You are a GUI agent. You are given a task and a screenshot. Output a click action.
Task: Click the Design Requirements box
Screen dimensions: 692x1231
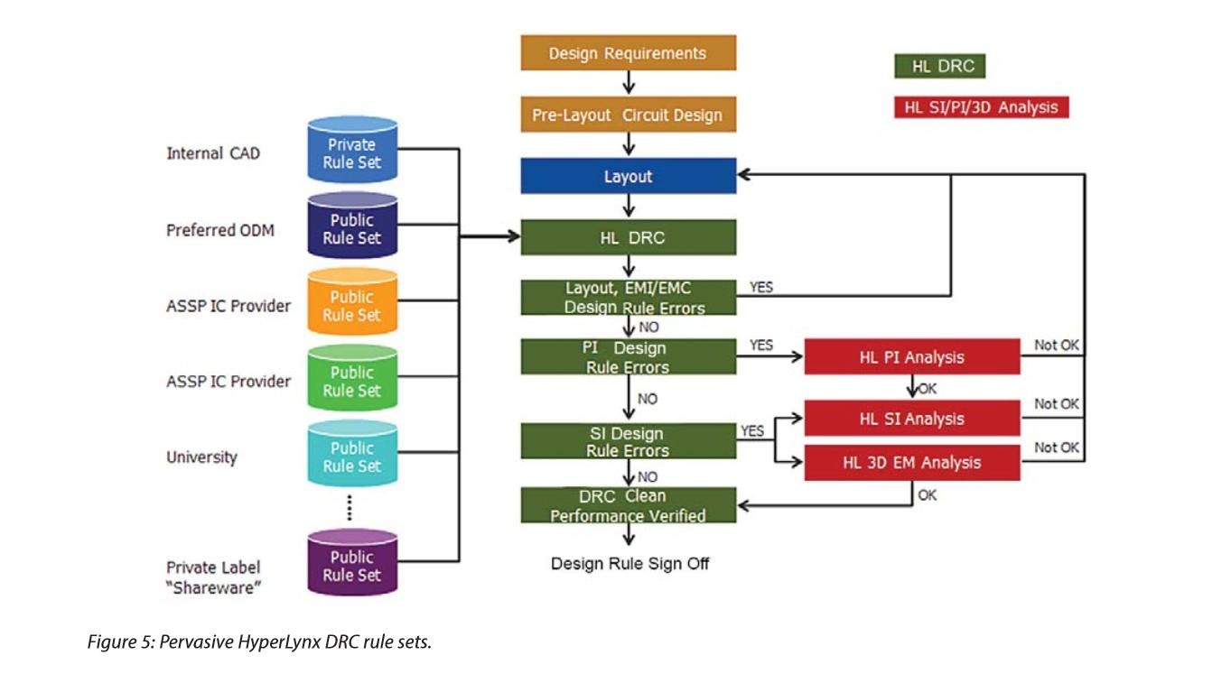pyautogui.click(x=628, y=53)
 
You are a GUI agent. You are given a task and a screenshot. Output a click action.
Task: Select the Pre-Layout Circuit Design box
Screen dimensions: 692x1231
pyautogui.click(x=628, y=115)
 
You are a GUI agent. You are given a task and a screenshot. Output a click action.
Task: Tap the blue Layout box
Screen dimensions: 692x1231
pyautogui.click(x=628, y=176)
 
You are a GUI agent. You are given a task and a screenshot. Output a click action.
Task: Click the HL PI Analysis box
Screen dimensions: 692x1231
pyautogui.click(x=911, y=357)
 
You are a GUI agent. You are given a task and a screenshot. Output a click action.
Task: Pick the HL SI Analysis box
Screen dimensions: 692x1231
pyautogui.click(x=911, y=419)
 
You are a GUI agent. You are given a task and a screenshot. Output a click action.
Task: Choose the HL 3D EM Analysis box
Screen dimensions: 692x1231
pyautogui.click(x=911, y=463)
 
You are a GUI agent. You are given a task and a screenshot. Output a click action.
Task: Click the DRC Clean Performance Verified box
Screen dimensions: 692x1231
pyautogui.click(x=628, y=505)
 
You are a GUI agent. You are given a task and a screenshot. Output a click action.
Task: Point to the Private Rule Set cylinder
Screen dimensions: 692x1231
pyautogui.click(x=352, y=153)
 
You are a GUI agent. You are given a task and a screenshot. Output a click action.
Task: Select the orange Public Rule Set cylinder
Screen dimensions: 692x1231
pyautogui.click(x=352, y=305)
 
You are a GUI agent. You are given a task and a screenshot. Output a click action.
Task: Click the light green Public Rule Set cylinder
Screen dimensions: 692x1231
pyautogui.click(x=352, y=381)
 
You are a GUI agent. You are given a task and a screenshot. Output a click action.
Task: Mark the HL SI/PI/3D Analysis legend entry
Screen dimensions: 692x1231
pyautogui.click(x=981, y=107)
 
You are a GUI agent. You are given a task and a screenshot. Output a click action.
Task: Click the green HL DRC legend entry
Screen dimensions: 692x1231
pyautogui.click(x=939, y=67)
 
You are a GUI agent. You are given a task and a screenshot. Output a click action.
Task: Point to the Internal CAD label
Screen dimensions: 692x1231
pyautogui.click(x=213, y=153)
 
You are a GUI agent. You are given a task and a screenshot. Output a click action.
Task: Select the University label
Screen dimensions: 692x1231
pyautogui.click(x=201, y=457)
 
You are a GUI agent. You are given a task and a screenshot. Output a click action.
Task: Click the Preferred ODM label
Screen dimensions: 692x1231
pyautogui.click(x=220, y=230)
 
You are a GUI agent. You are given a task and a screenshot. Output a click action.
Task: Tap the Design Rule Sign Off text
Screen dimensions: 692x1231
pyautogui.click(x=629, y=564)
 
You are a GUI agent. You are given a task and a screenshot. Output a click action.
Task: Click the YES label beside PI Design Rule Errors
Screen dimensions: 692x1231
pyautogui.click(x=761, y=346)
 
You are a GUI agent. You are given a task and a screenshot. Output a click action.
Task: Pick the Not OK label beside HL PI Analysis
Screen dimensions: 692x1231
pyautogui.click(x=1056, y=346)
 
